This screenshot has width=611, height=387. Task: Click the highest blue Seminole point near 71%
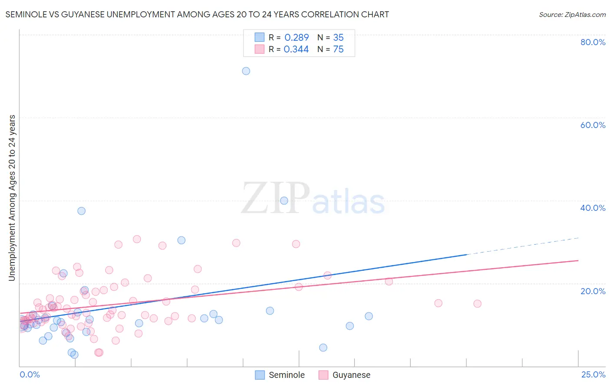(x=246, y=71)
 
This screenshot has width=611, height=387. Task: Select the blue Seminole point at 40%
(x=284, y=200)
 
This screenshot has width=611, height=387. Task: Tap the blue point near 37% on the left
(x=81, y=211)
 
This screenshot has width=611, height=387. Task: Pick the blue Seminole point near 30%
(x=181, y=240)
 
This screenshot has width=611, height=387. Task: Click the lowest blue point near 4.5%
(x=323, y=348)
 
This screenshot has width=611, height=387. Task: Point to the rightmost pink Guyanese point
(x=477, y=304)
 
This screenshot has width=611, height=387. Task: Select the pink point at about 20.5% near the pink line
(x=389, y=281)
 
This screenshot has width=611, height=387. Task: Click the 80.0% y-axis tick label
(x=593, y=42)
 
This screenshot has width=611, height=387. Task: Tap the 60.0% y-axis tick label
(x=593, y=125)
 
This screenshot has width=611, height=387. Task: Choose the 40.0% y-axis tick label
(x=593, y=208)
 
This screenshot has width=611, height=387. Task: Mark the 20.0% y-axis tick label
(x=593, y=291)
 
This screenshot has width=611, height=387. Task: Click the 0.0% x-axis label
(x=30, y=374)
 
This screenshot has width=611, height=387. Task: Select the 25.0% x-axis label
(x=593, y=374)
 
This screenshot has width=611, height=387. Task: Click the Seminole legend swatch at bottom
(x=260, y=375)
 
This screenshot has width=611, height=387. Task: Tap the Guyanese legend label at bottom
(x=351, y=375)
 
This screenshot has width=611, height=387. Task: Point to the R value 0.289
(x=296, y=38)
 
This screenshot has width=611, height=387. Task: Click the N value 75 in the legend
(x=338, y=49)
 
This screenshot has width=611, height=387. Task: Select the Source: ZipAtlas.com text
(x=572, y=15)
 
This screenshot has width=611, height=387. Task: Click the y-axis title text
(x=12, y=198)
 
